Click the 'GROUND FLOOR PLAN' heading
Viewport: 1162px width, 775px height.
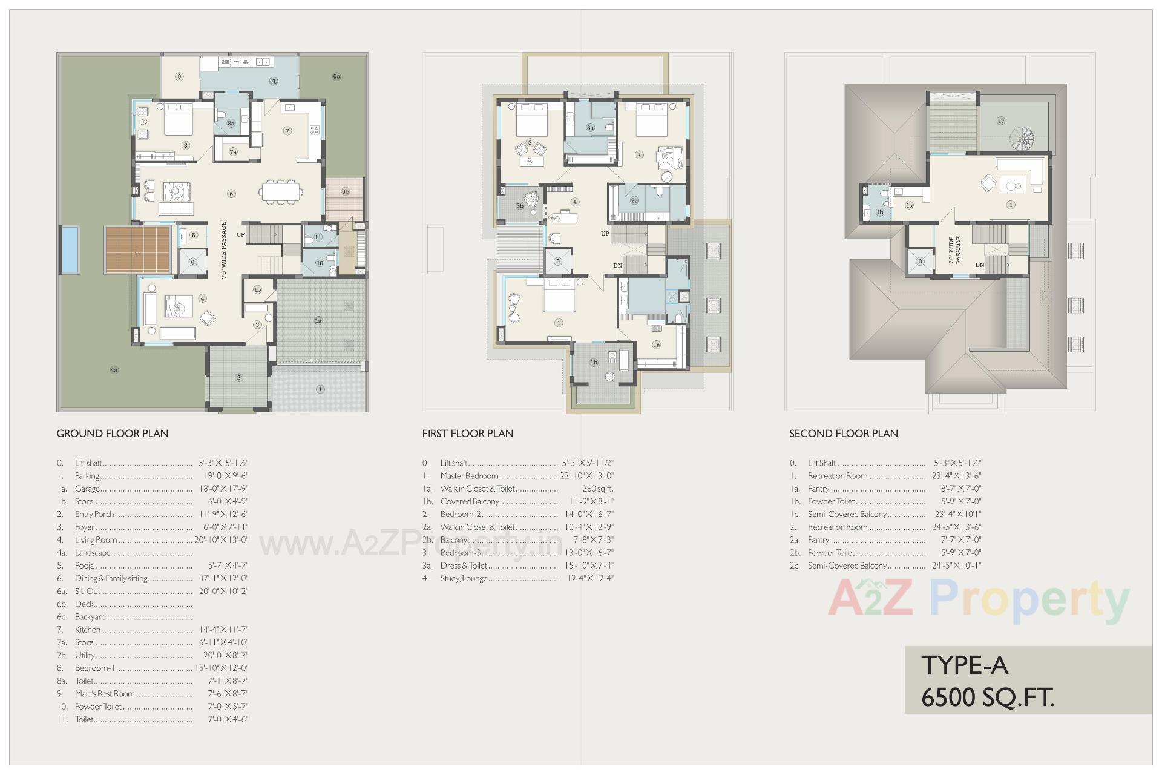[112, 434]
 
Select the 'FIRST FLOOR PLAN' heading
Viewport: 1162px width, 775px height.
[467, 434]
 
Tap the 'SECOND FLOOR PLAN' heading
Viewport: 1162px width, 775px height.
[843, 434]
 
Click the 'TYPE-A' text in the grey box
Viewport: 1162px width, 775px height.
[965, 666]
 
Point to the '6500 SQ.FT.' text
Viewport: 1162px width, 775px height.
[988, 698]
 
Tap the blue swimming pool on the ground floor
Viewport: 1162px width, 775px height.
[70, 249]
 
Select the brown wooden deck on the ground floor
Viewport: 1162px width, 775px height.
[137, 249]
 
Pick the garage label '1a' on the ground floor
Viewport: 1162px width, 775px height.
[318, 321]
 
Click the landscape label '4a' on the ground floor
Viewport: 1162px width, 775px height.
[114, 370]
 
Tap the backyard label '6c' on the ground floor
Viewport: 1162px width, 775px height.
[336, 76]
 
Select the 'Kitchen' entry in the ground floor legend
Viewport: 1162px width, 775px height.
[88, 630]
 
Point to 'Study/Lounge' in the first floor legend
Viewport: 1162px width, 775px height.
[464, 578]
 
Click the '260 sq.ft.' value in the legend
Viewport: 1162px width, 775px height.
[597, 489]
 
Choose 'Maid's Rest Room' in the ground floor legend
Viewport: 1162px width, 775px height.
[105, 694]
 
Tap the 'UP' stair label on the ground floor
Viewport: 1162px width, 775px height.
[240, 234]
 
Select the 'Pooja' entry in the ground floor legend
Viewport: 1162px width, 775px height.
[84, 566]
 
